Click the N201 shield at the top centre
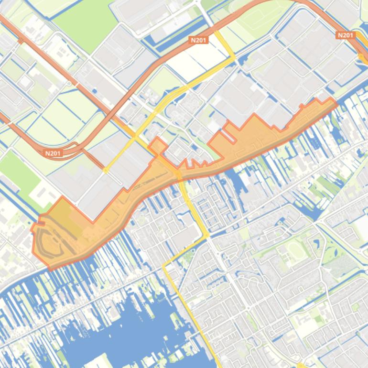198,40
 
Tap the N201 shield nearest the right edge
345,35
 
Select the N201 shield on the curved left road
53,153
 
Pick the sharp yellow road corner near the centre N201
234,56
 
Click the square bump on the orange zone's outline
158,145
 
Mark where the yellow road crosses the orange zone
179,174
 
